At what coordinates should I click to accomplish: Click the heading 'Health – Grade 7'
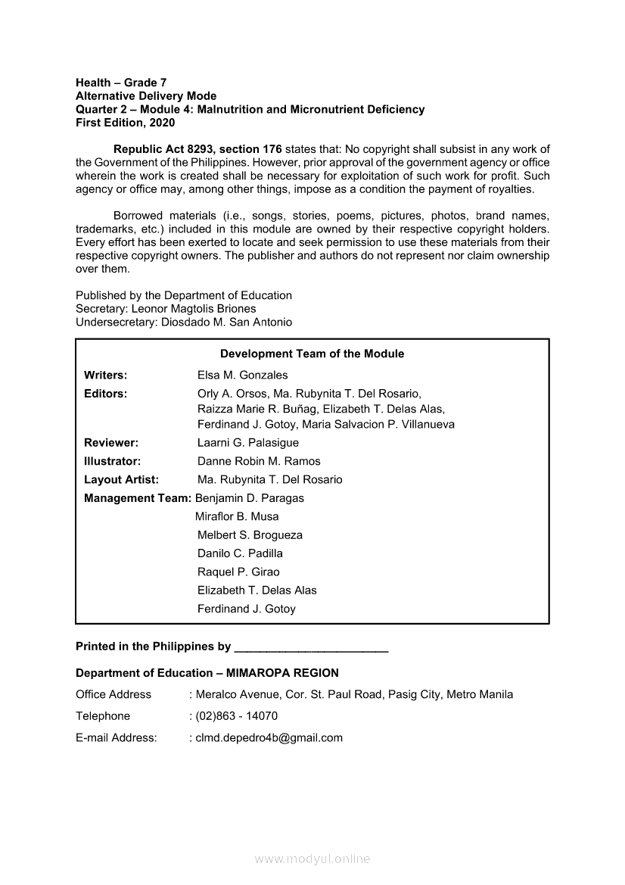pos(121,83)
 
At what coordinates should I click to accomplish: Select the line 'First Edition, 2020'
pos(125,123)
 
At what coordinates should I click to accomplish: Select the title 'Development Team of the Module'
pos(312,354)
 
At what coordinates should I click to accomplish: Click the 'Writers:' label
pos(105,376)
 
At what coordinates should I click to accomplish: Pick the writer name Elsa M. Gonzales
pos(242,376)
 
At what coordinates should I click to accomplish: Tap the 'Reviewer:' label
pos(111,443)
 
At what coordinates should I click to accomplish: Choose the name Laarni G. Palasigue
pos(248,443)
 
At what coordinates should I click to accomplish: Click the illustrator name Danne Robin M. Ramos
pos(259,461)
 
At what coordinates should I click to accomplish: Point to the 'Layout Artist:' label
pos(121,480)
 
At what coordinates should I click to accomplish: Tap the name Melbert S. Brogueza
pos(250,535)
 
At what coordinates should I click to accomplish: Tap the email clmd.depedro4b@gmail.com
pos(269,738)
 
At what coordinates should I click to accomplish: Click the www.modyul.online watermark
pos(312,859)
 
